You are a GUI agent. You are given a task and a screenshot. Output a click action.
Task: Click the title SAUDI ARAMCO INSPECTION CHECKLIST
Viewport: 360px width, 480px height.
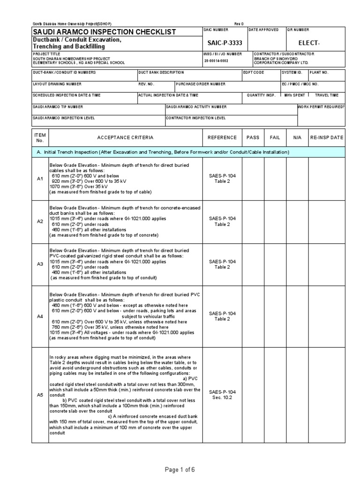click(104, 32)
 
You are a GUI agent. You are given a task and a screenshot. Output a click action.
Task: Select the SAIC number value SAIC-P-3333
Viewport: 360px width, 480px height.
click(225, 43)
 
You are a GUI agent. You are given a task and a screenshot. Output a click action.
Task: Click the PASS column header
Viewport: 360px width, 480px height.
click(253, 137)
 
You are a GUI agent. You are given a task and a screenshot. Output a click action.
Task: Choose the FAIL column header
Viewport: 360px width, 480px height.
click(275, 137)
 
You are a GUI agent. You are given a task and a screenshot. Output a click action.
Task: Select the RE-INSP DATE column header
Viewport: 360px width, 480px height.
click(326, 137)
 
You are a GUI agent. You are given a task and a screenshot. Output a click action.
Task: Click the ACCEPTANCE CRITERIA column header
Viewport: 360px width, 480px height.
click(125, 137)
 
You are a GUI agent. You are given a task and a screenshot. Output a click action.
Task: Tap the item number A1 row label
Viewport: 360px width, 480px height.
click(40, 179)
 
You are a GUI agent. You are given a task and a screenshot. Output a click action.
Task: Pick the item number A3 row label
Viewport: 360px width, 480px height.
click(40, 264)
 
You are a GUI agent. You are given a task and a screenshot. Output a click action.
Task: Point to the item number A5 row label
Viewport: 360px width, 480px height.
click(40, 395)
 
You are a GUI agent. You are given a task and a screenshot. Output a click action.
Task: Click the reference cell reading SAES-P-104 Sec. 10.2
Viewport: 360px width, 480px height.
click(222, 395)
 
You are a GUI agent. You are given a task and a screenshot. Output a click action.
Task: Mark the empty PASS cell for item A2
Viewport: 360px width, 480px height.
click(253, 221)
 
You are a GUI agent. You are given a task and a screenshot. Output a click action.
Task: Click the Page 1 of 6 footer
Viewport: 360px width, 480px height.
click(180, 470)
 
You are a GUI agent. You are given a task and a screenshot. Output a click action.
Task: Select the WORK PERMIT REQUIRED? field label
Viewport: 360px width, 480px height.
click(322, 107)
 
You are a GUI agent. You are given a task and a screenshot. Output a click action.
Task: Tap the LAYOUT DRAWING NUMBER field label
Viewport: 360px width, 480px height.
click(57, 84)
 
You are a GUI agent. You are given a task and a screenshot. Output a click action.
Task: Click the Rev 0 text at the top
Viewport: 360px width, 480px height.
click(239, 24)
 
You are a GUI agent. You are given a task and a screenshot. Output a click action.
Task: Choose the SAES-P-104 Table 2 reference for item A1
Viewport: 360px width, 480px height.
click(222, 179)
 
